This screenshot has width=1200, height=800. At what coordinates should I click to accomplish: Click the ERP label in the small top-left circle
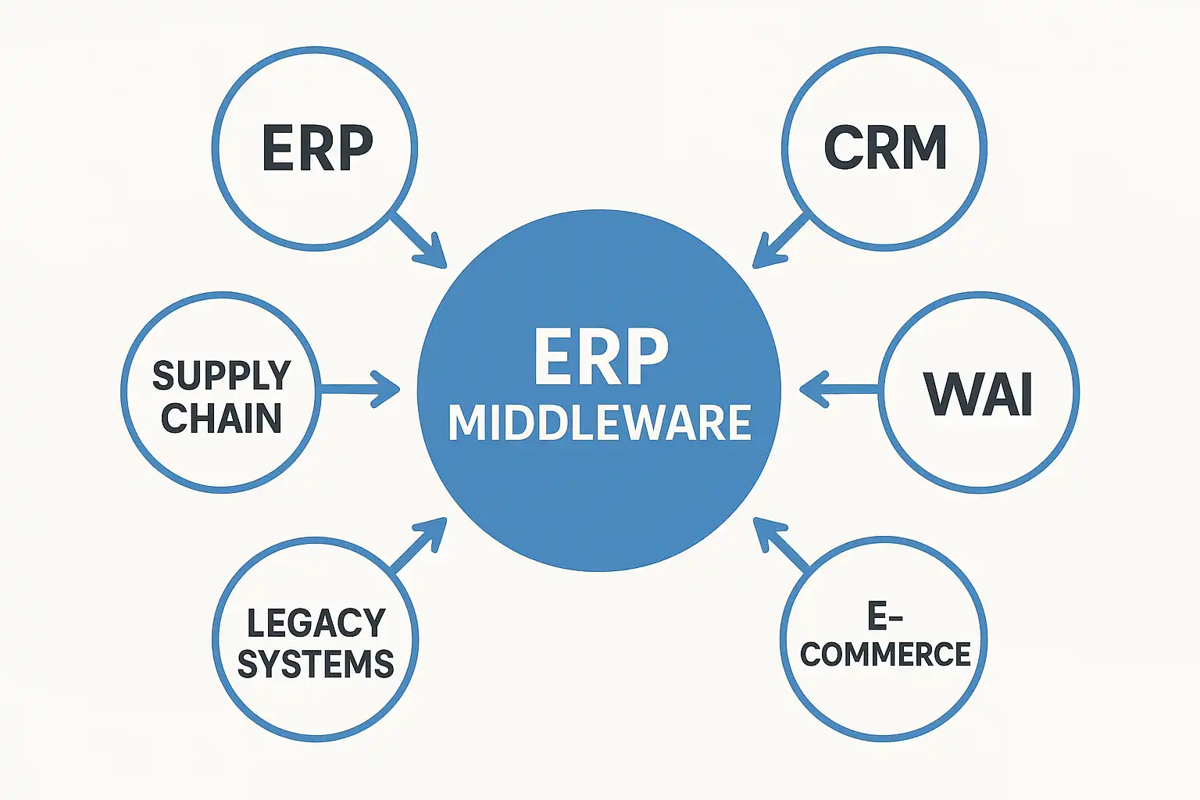coord(317,148)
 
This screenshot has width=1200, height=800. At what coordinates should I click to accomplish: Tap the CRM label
coord(885,148)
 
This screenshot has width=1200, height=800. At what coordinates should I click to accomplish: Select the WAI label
coord(979,393)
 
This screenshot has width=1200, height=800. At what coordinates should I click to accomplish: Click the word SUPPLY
coord(221,376)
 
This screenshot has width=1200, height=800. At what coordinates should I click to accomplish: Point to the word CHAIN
coord(221,418)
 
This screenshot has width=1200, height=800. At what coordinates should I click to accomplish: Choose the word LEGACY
coord(316,623)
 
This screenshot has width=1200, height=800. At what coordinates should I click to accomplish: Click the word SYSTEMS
coord(316,664)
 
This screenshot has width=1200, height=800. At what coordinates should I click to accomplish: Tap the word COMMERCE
coord(885,655)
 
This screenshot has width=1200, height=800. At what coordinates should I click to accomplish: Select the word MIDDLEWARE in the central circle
coord(599,423)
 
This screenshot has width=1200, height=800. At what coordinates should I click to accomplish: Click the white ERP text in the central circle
coord(601,357)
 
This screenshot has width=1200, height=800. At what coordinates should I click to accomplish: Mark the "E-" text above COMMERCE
coord(885,616)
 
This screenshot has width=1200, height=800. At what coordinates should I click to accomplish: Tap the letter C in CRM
coord(843,148)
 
